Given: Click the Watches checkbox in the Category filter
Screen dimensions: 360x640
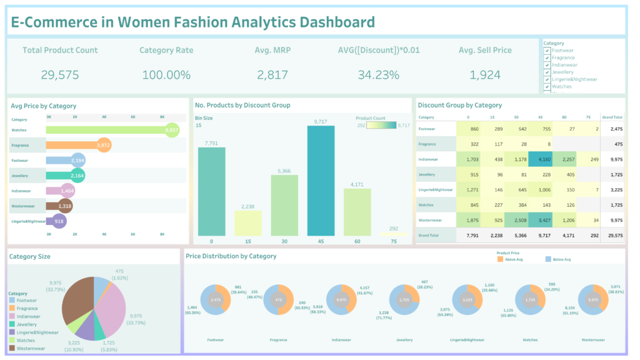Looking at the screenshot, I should tap(547, 87).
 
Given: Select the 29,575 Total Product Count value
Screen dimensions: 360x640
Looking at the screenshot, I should tap(59, 75).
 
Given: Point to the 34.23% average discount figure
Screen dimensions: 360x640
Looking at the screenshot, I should tap(378, 75).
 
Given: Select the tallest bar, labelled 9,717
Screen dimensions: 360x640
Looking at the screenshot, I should tap(321, 181).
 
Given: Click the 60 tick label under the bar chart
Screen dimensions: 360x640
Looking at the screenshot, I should tap(357, 241).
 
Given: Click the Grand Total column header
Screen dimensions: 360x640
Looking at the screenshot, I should tap(611, 117).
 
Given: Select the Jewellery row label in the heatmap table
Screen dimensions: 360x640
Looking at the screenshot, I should tap(427, 174).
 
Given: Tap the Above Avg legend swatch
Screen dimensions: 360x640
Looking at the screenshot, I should tap(500, 259).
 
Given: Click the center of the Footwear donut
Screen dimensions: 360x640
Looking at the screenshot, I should tap(216, 300).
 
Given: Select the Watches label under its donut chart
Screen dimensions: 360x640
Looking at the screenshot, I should tap(530, 340).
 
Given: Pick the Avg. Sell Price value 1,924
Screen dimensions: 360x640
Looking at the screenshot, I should tap(484, 75).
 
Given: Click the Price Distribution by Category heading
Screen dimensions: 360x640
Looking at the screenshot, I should tap(231, 256).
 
